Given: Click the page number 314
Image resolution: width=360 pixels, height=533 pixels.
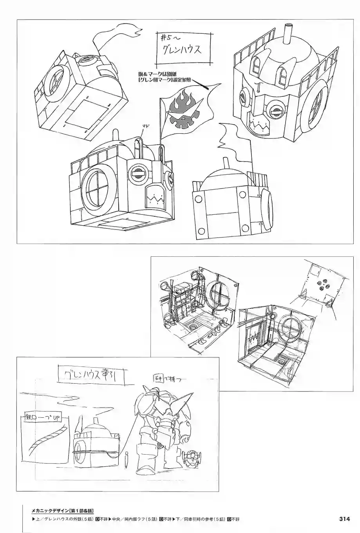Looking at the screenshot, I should click(x=344, y=519).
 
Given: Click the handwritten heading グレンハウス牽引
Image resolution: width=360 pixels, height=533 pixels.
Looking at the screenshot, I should click(x=90, y=376).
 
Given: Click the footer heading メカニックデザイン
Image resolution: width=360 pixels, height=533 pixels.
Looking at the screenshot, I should click(x=50, y=511).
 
